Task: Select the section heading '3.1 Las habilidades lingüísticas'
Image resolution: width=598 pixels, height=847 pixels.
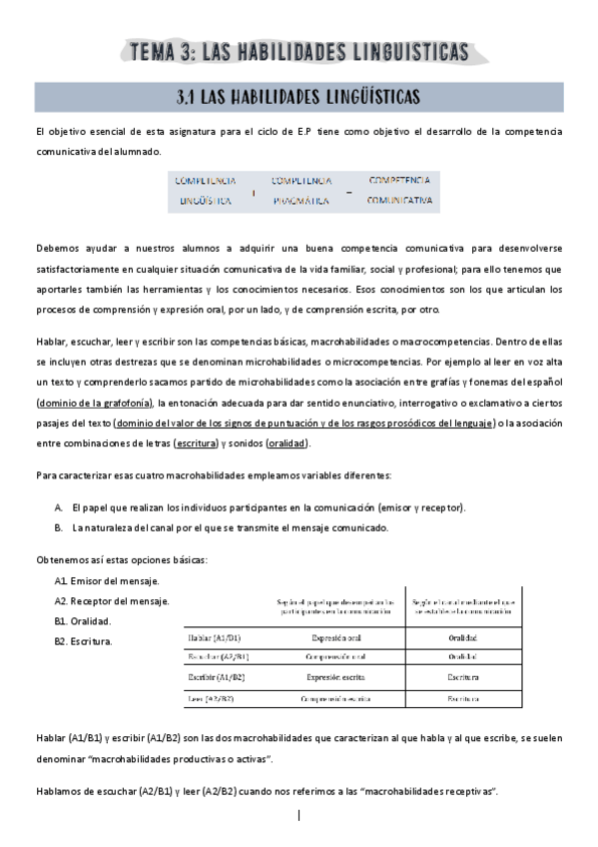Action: point(299,97)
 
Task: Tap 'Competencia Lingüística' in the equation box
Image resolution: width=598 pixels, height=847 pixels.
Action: point(206,190)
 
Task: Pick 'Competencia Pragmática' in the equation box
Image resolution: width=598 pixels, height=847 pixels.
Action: point(301,190)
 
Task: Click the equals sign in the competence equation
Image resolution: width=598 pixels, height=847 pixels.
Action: point(349,192)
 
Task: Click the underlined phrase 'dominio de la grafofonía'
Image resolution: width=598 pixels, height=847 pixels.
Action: point(94,403)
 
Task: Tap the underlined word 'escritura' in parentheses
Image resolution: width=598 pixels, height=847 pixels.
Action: point(199,442)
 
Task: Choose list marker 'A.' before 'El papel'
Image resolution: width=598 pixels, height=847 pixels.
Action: point(60,507)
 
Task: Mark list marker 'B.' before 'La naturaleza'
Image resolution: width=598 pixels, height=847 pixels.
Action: point(60,526)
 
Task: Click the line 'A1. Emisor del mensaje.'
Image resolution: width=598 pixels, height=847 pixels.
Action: point(107,580)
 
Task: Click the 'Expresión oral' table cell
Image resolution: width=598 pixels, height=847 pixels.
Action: point(334,636)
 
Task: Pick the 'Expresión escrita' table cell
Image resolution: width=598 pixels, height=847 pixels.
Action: point(334,676)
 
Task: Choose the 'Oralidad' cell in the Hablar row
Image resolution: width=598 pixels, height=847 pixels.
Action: point(462,636)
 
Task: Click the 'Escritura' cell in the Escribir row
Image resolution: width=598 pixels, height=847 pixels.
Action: point(462,676)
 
